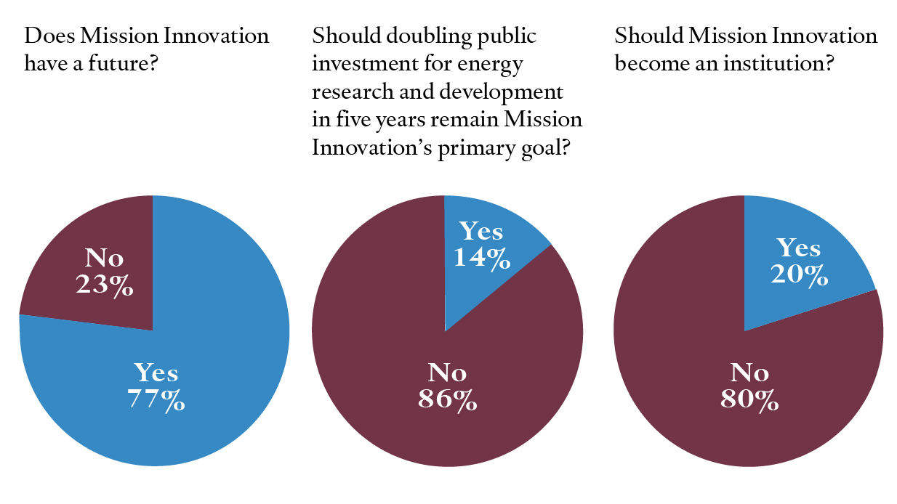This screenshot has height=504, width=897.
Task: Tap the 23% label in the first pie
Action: point(104,285)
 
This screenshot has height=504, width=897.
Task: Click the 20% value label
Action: point(799,275)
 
